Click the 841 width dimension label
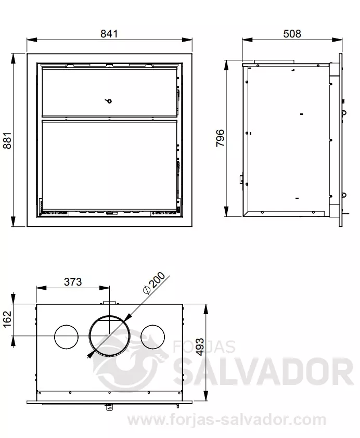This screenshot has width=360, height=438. [109, 34]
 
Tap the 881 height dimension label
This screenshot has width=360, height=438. [7, 140]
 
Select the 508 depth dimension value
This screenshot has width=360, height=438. [292, 34]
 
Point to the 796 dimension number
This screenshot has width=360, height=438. [220, 138]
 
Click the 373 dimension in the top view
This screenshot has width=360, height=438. [73, 282]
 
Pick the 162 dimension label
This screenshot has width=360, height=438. [7, 319]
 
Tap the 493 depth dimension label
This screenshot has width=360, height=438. [200, 347]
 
